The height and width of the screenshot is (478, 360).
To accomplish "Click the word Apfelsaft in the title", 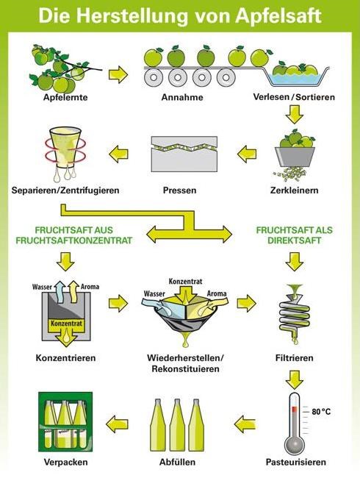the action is [278, 16].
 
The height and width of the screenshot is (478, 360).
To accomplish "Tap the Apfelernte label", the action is [65, 97].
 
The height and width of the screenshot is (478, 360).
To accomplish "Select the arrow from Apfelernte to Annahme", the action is [118, 75].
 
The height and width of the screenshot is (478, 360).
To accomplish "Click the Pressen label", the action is [179, 190].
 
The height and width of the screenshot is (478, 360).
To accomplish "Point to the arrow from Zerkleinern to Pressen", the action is [247, 154].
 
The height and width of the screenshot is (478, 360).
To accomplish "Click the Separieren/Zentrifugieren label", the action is [65, 190].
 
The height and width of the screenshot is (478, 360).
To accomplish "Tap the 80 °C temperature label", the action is [321, 412].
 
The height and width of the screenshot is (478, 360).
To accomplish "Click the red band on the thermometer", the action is [294, 409].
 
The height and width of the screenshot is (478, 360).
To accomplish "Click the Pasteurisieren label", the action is [296, 462].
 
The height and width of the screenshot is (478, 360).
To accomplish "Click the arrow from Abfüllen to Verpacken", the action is [118, 424].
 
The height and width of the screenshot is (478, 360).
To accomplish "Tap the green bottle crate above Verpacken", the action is [65, 421].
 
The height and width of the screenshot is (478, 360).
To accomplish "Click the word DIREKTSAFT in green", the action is [294, 240].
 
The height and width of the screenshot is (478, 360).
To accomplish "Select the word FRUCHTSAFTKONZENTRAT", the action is [74, 240].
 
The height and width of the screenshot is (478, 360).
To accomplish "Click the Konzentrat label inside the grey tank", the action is [66, 323].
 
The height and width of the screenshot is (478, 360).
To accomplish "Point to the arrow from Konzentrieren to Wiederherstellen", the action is [118, 303].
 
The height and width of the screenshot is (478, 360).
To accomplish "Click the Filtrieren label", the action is [294, 357].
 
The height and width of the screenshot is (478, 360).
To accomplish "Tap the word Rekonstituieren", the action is [185, 369].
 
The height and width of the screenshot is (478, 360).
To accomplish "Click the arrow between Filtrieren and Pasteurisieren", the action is [294, 380].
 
